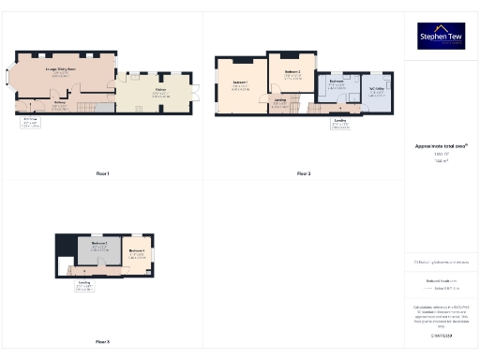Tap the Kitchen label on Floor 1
coord(161,91)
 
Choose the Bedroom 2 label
coord(292,72)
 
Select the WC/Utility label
coord(378,92)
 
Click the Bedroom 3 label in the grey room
coord(100,246)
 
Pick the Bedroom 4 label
coord(136,252)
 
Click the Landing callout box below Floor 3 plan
coord(84,285)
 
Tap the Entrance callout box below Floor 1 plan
coord(30,122)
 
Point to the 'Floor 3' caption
coord(102,341)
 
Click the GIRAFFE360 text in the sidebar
coord(442,335)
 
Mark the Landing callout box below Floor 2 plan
coord(340,122)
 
